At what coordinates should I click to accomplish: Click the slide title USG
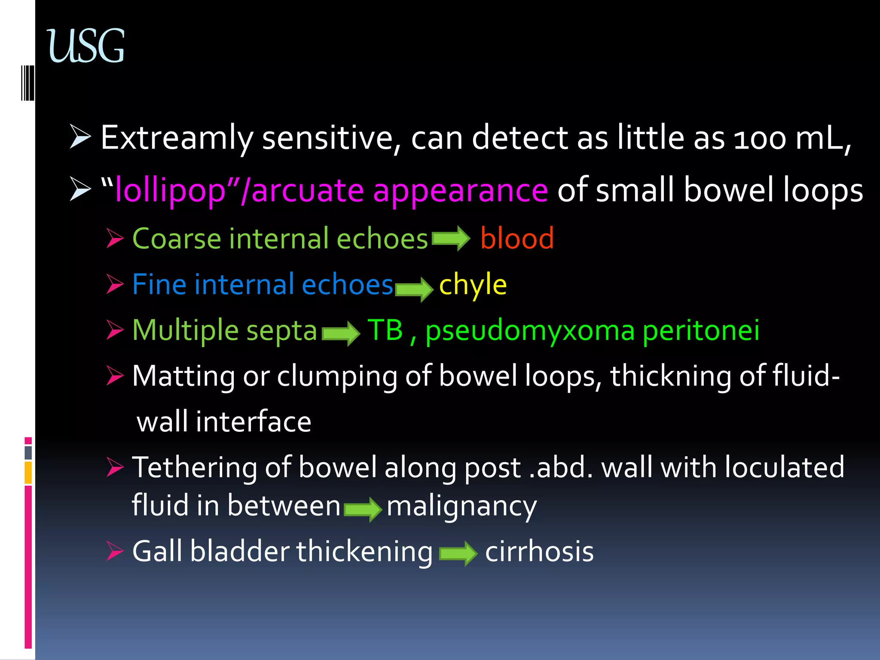pyautogui.click(x=86, y=46)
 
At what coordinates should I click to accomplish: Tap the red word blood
pyautogui.click(x=517, y=238)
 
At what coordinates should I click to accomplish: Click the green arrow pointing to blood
pyautogui.click(x=451, y=238)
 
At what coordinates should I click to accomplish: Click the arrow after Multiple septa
pyautogui.click(x=341, y=333)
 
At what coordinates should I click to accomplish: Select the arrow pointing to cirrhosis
pyautogui.click(x=458, y=553)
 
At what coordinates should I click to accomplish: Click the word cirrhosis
pyautogui.click(x=539, y=551)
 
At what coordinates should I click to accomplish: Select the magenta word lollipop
pyautogui.click(x=170, y=190)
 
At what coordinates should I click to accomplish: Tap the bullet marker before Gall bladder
pyautogui.click(x=115, y=551)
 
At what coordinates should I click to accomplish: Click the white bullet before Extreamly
pyautogui.click(x=80, y=137)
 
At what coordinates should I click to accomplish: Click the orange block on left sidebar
pyautogui.click(x=28, y=472)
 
